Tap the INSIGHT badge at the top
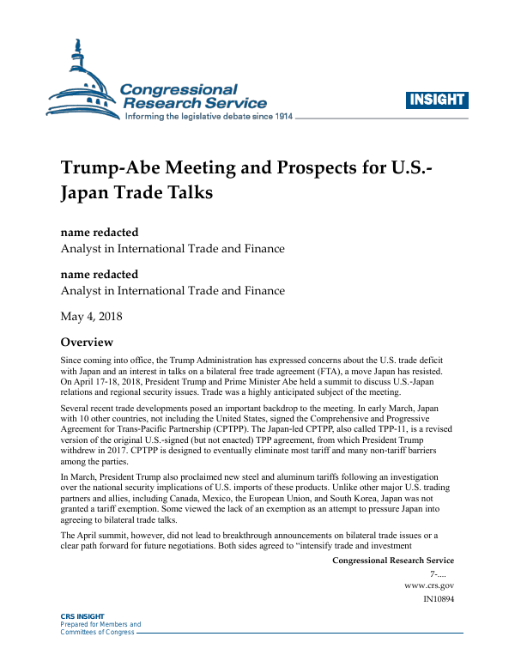(x=436, y=99)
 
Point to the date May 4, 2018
(x=91, y=315)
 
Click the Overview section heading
(x=92, y=341)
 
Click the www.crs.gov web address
(x=428, y=585)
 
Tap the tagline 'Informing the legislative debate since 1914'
(x=209, y=116)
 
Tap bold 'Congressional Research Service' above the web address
(x=392, y=561)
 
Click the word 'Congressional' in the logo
(x=179, y=89)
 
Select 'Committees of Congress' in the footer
(x=97, y=632)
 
